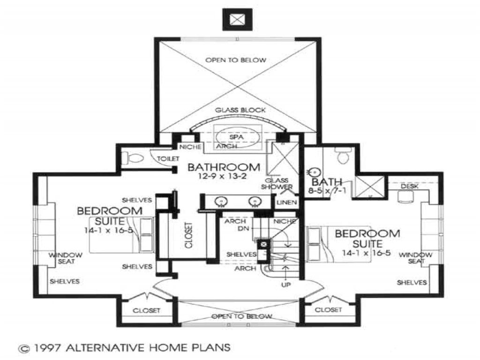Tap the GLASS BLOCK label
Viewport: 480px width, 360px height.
point(240,110)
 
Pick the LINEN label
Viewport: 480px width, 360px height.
point(285,202)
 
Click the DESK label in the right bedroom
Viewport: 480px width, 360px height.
point(406,187)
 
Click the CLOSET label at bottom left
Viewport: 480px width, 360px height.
point(147,310)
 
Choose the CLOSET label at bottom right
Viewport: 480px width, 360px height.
point(328,310)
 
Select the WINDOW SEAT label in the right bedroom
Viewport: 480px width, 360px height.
point(415,258)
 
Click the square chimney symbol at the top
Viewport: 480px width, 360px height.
point(239,19)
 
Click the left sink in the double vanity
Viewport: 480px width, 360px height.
point(221,201)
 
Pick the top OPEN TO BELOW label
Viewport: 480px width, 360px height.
point(242,60)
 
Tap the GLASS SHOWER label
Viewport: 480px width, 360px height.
point(279,183)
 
